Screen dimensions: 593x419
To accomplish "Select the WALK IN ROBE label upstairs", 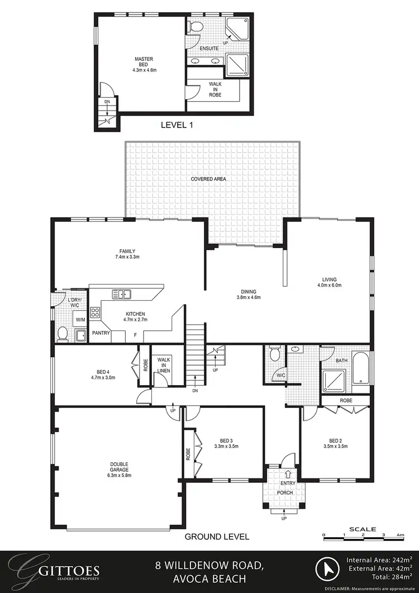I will point(215,89).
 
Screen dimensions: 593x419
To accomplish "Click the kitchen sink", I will point(121,293).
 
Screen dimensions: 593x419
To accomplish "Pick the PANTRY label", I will point(101,333).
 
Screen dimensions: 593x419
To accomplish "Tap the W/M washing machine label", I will point(80,320).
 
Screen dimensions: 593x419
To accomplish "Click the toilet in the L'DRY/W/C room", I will point(63,335).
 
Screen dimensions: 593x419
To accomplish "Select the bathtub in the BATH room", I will point(362,369).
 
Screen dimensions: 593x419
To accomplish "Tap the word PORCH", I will point(285,492).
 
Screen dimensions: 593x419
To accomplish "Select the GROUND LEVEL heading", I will point(217,537).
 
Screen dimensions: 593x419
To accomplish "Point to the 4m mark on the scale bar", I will point(400,535).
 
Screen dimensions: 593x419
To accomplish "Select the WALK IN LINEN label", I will point(164,366).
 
